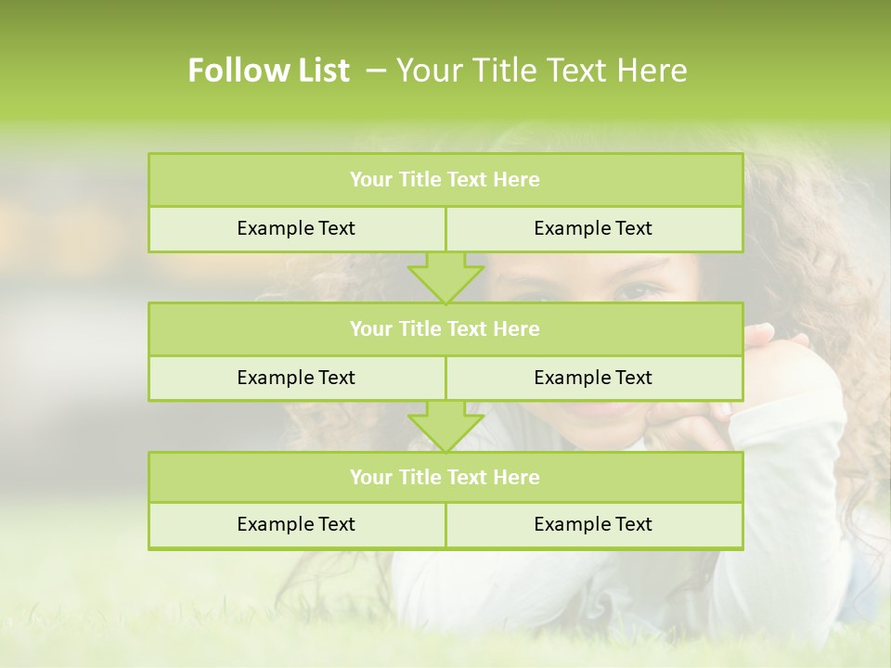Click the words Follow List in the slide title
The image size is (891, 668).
(268, 71)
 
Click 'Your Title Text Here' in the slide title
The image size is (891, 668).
(541, 71)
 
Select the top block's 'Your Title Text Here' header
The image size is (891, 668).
(445, 180)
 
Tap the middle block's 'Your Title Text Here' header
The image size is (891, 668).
(445, 328)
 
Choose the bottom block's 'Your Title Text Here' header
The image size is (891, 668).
(445, 477)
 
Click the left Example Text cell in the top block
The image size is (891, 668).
(296, 228)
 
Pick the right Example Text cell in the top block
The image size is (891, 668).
(593, 228)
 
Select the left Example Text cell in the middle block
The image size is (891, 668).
(296, 378)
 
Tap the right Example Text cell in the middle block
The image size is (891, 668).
(593, 378)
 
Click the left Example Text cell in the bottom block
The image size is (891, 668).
(296, 524)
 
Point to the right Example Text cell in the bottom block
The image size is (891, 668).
(593, 524)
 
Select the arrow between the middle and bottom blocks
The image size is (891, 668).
(445, 427)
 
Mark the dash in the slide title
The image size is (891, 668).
(376, 71)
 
